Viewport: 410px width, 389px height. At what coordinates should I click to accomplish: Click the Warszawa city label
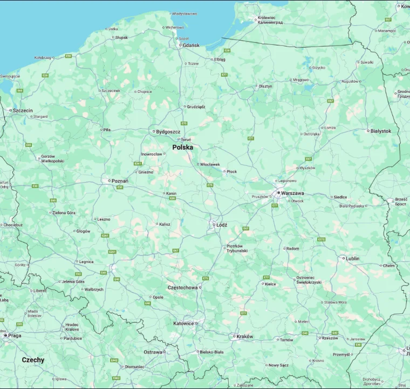[293, 193]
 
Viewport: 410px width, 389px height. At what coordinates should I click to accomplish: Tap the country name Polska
[182, 147]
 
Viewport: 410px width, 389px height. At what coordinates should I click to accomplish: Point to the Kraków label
[244, 337]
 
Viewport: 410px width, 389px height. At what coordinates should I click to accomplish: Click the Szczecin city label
[23, 110]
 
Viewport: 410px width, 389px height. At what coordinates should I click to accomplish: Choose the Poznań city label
[120, 181]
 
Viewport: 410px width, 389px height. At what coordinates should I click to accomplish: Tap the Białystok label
[381, 131]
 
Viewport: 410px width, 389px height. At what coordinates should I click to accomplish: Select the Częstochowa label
[182, 287]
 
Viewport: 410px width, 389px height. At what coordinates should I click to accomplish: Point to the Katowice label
[183, 324]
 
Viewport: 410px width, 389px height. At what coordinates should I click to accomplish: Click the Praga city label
[15, 336]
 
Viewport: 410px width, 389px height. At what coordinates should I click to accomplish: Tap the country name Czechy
[33, 360]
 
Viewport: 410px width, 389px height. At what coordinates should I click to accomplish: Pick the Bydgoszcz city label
[168, 131]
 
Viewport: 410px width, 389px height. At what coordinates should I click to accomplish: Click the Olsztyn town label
[265, 86]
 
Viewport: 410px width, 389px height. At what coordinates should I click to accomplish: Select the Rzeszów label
[329, 338]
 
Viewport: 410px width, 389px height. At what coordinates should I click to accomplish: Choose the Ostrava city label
[153, 352]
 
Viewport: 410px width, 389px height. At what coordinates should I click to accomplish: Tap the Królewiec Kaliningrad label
[270, 20]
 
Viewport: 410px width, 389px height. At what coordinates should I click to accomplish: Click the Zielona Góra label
[64, 213]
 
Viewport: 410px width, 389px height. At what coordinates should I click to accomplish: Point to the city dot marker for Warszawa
[278, 192]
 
